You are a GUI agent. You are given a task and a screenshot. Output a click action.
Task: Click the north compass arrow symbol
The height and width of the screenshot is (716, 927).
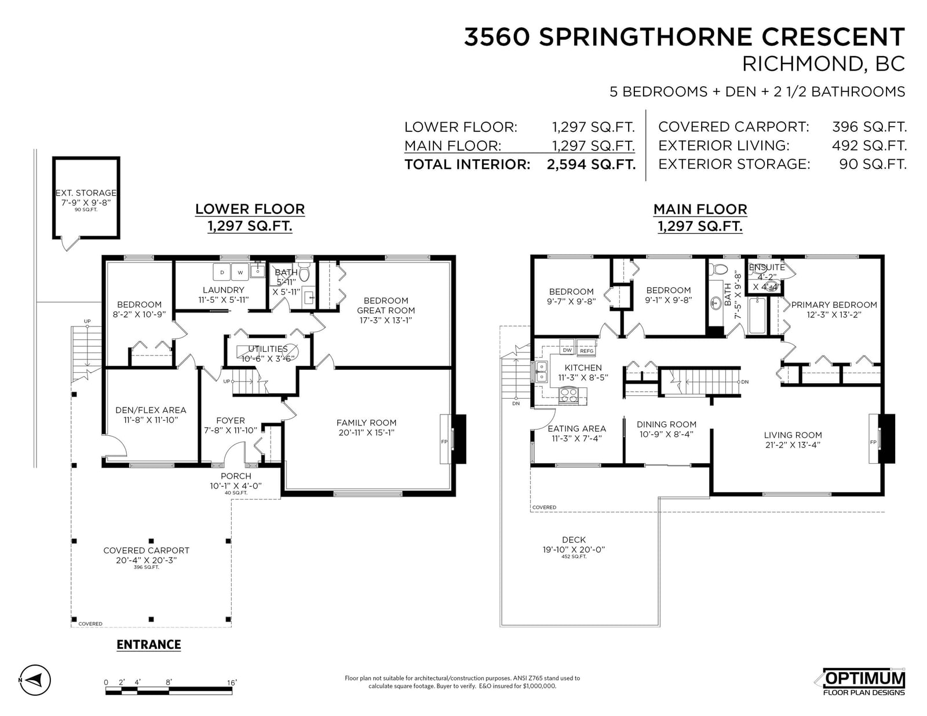pyautogui.click(x=35, y=680)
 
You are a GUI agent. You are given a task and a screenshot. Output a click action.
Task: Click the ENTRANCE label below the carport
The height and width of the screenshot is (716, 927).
pyautogui.click(x=149, y=644)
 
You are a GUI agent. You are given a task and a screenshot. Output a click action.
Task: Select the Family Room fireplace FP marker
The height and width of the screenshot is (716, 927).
pyautogui.click(x=444, y=442)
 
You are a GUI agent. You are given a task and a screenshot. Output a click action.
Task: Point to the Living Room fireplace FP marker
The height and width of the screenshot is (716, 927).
pyautogui.click(x=873, y=442)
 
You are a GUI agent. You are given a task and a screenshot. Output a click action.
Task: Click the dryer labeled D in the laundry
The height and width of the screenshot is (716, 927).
pyautogui.click(x=222, y=271)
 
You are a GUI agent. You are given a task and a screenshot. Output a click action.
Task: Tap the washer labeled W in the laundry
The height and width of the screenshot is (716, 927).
pyautogui.click(x=240, y=271)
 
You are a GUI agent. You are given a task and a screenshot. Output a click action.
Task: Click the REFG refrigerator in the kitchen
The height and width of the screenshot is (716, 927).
pyautogui.click(x=586, y=348)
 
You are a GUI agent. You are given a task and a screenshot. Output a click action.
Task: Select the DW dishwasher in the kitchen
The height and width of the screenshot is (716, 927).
pyautogui.click(x=567, y=347)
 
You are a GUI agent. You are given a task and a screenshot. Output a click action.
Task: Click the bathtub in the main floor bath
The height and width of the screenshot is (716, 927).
pyautogui.click(x=758, y=315)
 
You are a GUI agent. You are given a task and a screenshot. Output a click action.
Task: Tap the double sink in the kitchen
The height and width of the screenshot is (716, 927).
pyautogui.click(x=541, y=372)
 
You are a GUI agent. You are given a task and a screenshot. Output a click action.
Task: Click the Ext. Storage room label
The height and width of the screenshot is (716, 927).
pyautogui.click(x=86, y=193)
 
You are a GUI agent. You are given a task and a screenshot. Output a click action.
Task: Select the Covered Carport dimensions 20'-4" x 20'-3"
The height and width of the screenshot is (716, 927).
pyautogui.click(x=147, y=560)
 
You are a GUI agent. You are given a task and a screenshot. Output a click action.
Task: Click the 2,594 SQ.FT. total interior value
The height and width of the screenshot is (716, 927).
pyautogui.click(x=592, y=164)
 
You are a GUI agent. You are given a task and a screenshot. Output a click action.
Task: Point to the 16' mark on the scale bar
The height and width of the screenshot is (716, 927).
pyautogui.click(x=232, y=682)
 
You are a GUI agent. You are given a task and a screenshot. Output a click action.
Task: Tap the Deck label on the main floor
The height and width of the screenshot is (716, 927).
pyautogui.click(x=574, y=539)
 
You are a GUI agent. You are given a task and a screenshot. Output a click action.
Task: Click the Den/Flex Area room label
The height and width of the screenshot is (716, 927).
pyautogui.click(x=151, y=410)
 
